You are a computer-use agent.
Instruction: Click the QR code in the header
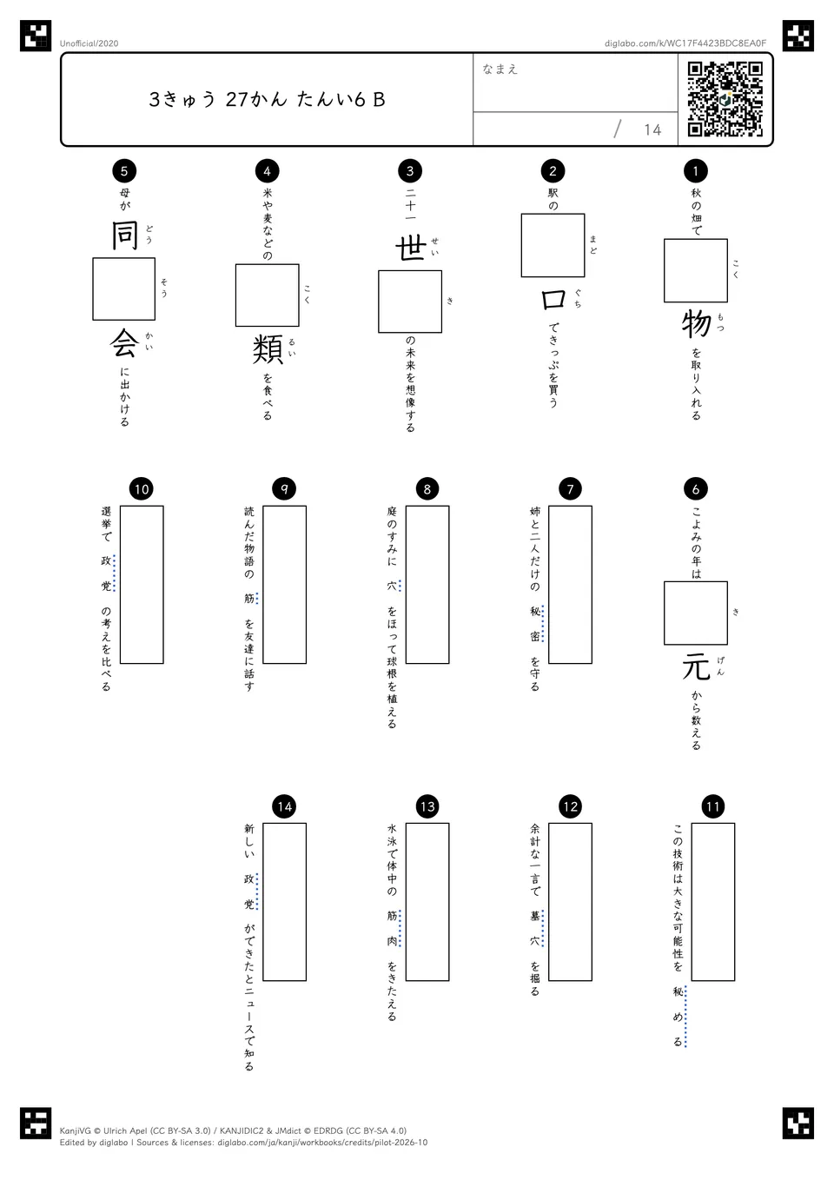725,99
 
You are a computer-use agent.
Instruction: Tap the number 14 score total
652,130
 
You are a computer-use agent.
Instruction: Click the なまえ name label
500,69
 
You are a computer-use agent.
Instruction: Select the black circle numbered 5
124,170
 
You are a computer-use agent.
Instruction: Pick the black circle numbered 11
713,806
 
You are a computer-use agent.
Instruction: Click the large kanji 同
124,235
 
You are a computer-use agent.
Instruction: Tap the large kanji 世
410,249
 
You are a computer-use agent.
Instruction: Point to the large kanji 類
268,349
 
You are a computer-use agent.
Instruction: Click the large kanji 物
696,324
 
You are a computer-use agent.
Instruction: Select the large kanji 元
696,667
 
